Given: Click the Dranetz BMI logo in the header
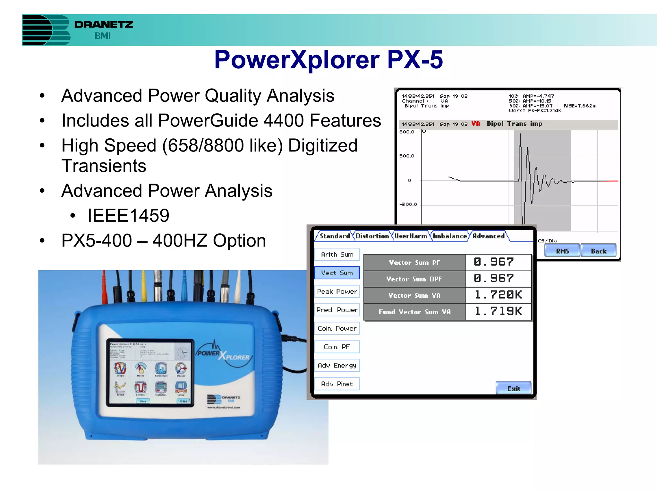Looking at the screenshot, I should coord(77,30).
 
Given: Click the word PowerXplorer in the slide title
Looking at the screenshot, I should coord(297,60).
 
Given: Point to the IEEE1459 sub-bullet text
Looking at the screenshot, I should coord(128,215).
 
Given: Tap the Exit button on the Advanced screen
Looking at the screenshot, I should coord(514,388).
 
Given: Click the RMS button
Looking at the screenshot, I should coord(562,251).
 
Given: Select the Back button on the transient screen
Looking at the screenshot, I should coord(599,251).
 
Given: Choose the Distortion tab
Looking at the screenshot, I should coord(372,236).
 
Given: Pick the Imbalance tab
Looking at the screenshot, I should coord(449,236).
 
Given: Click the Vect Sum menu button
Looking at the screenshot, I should coord(337,273).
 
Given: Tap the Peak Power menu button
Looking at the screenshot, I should coord(337,291).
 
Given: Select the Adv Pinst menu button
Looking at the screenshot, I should coord(337,384).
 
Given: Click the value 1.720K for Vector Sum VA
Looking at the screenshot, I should coord(498,295).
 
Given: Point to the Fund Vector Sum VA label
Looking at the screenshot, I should coord(414,312).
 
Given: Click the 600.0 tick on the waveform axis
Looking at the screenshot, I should coord(407,132).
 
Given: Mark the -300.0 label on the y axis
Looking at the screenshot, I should coord(408,204).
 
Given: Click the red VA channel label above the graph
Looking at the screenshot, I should coord(475,124).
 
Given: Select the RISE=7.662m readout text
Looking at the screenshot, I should coord(580,106).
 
